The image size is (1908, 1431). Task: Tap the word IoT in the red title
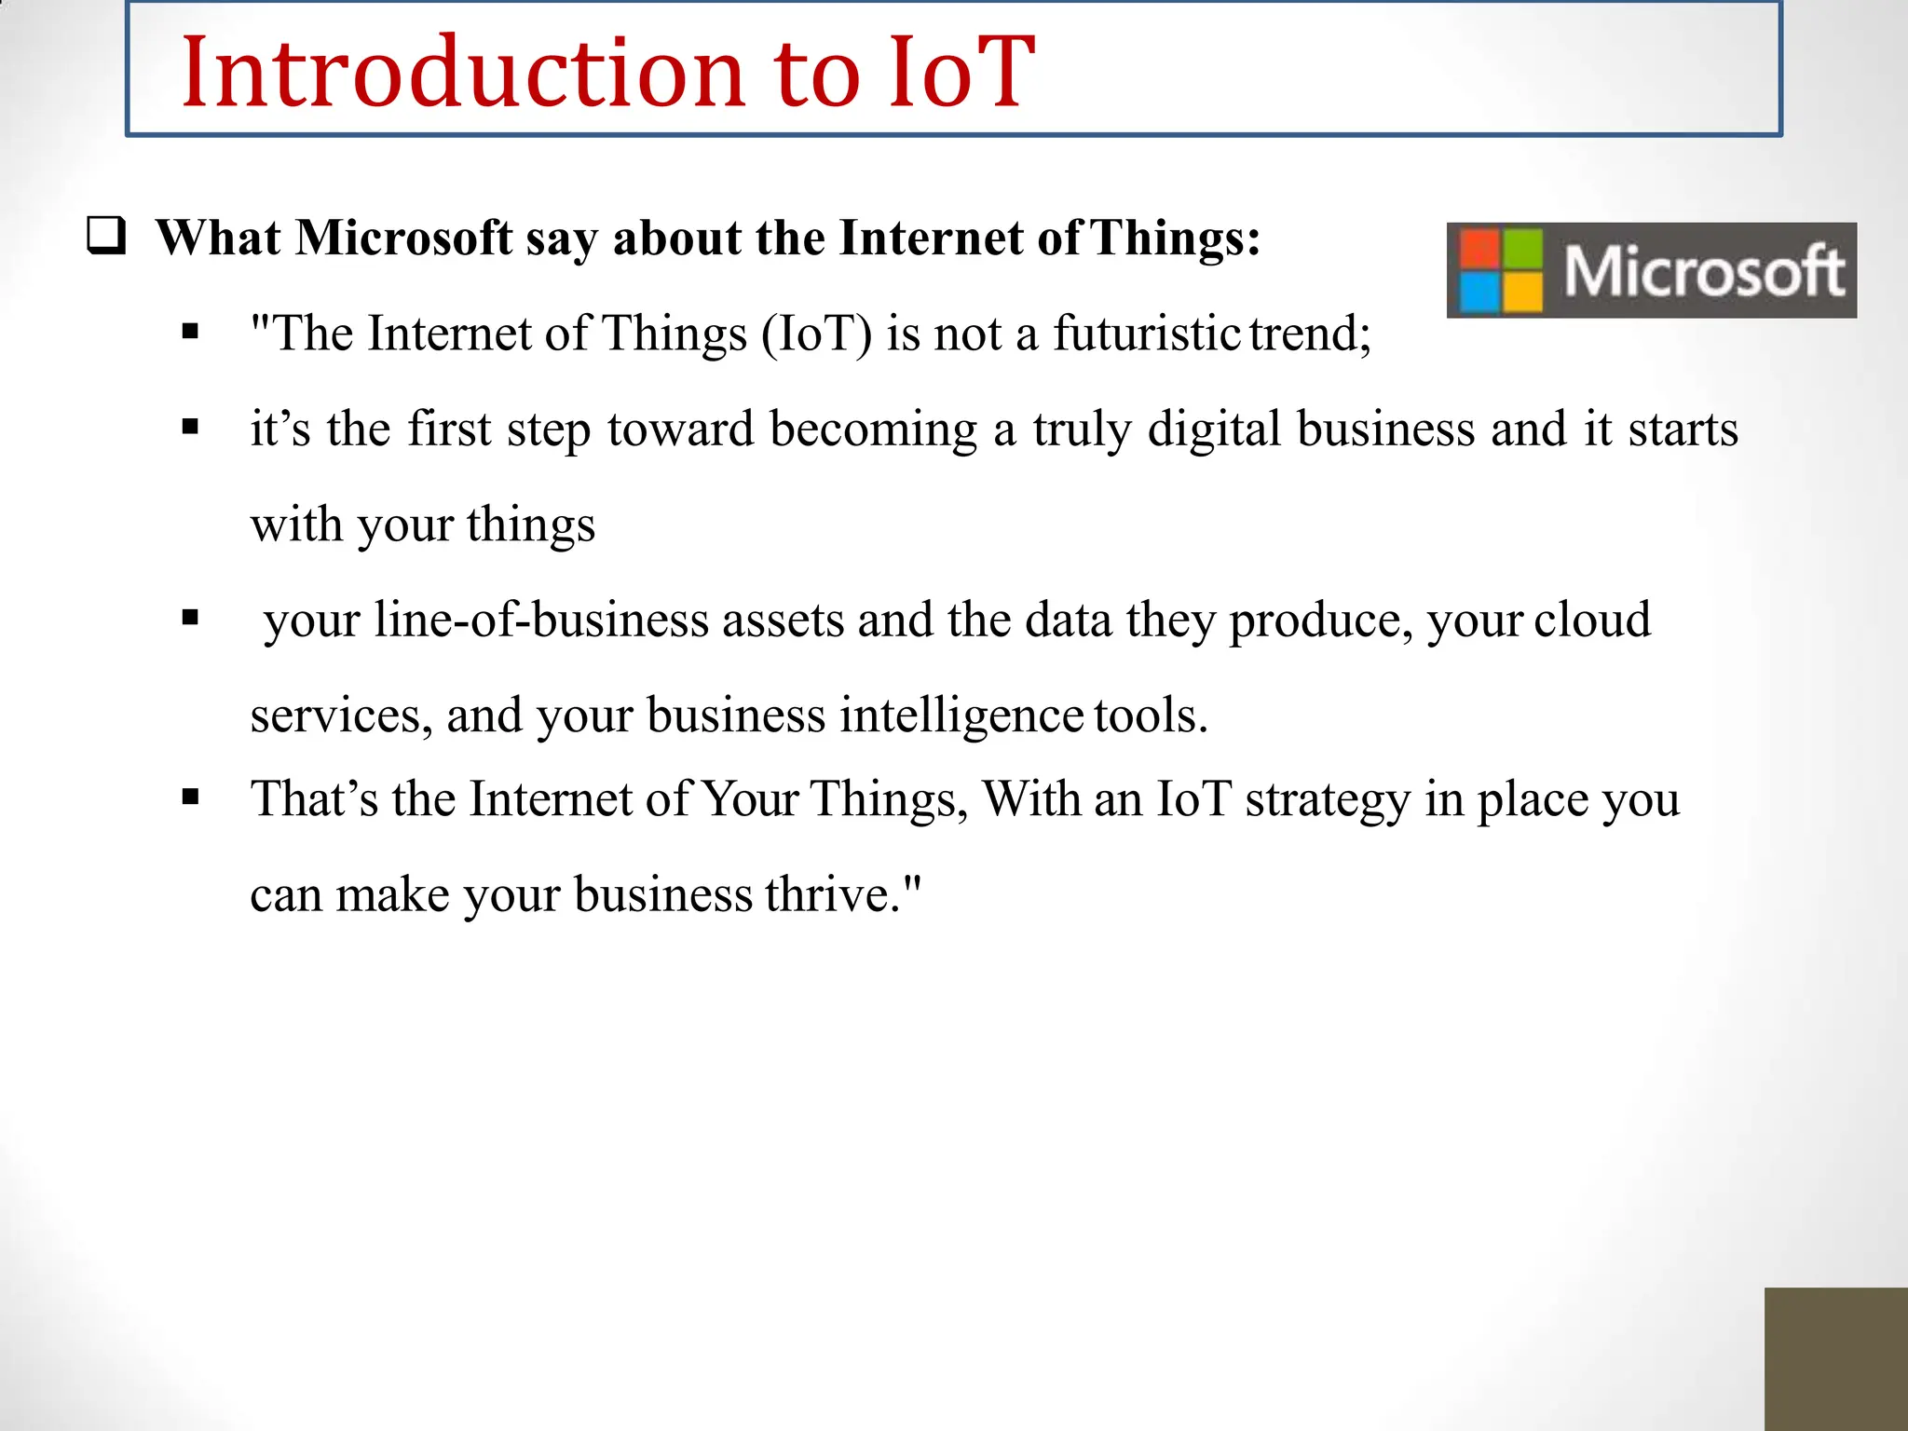(x=961, y=73)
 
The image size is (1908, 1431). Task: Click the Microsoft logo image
(x=1651, y=270)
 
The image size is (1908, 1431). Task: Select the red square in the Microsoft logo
(x=1479, y=248)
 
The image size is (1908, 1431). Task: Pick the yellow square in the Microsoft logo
(x=1522, y=292)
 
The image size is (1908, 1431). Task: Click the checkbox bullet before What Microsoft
(x=105, y=236)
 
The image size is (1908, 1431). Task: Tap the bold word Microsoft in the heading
(x=403, y=238)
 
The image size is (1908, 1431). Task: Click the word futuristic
(x=1146, y=334)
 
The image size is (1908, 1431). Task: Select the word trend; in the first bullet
(x=1310, y=334)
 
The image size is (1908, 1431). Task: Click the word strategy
(x=1327, y=800)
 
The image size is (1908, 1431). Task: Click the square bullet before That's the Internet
(x=191, y=797)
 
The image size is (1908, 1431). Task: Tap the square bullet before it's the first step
(x=191, y=428)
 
